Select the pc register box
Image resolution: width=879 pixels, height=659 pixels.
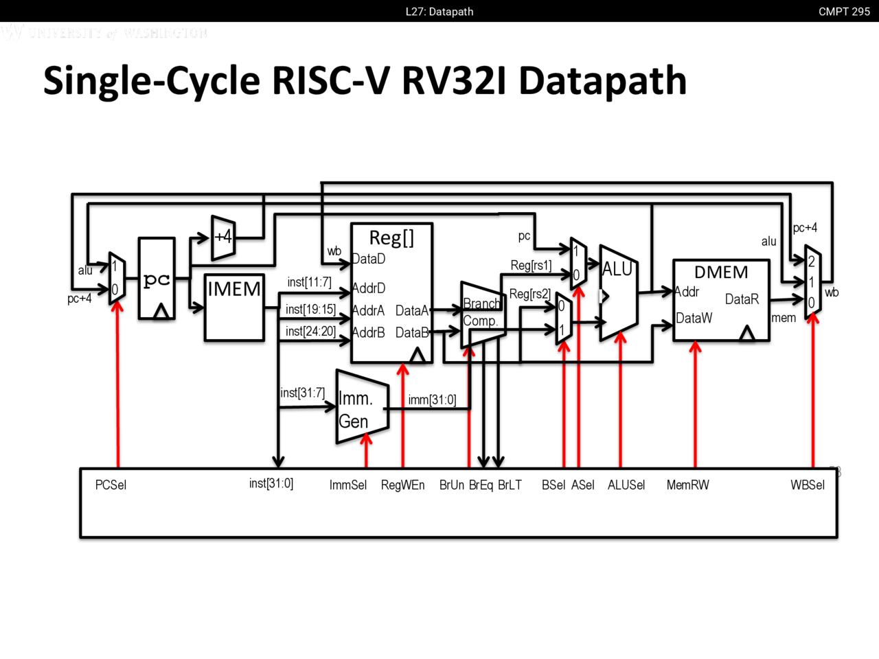click(x=157, y=279)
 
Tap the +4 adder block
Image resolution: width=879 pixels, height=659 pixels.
click(x=223, y=238)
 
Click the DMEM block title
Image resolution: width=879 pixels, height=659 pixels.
click(x=721, y=273)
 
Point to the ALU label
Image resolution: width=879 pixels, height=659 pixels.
click(x=617, y=270)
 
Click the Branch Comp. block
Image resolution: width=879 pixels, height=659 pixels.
click(x=481, y=312)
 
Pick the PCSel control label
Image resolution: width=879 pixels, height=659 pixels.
click(x=111, y=485)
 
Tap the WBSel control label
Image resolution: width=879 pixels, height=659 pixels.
click(x=807, y=485)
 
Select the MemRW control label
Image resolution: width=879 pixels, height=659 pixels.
click(x=687, y=485)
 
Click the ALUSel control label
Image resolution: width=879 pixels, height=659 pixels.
click(x=626, y=485)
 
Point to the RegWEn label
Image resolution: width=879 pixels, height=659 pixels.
click(x=402, y=485)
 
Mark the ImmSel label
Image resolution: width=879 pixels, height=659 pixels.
click(x=348, y=485)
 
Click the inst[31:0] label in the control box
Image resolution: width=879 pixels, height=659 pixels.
click(x=271, y=484)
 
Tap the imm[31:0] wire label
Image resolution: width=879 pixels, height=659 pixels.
click(x=432, y=400)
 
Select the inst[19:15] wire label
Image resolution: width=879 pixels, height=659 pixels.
click(x=310, y=310)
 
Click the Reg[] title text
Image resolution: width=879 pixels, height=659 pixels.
click(x=391, y=238)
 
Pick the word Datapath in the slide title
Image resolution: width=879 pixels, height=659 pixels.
click(x=602, y=81)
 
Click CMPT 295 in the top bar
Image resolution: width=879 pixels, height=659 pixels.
click(x=844, y=12)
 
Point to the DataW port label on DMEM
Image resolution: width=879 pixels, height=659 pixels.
click(x=694, y=319)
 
